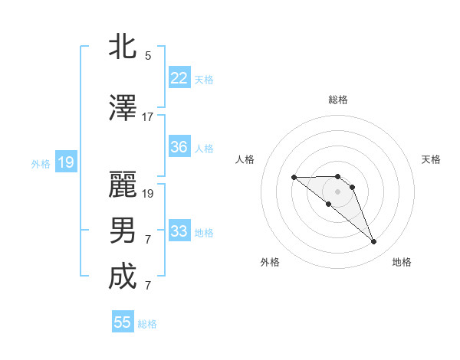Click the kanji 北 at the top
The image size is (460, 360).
(123, 46)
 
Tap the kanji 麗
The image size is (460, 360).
(123, 185)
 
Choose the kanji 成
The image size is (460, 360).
(123, 277)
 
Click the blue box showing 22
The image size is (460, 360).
(179, 78)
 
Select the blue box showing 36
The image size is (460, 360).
(179, 147)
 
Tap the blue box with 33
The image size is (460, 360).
(179, 231)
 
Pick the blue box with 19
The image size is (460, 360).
(65, 162)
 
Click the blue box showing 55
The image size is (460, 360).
(123, 322)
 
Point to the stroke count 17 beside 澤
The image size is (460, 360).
(148, 117)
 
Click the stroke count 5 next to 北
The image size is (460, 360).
(148, 56)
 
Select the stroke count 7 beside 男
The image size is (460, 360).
(148, 240)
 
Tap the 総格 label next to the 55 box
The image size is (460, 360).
(147, 324)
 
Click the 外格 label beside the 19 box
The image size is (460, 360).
(41, 163)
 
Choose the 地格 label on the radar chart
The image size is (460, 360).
(402, 262)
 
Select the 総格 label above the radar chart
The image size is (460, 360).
(338, 100)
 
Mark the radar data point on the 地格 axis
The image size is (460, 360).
(374, 242)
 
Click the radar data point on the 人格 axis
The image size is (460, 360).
(294, 177)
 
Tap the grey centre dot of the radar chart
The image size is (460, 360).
(337, 191)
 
